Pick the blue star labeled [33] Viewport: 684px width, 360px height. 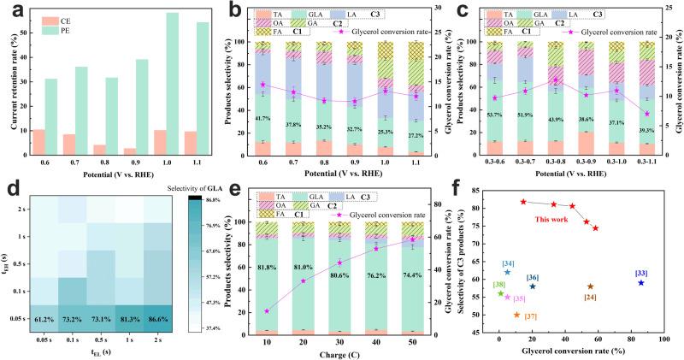pos(640,282)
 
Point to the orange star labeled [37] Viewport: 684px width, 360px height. pos(516,315)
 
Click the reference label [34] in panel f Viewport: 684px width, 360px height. pos(507,263)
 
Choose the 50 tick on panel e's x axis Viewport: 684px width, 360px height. pos(416,341)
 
